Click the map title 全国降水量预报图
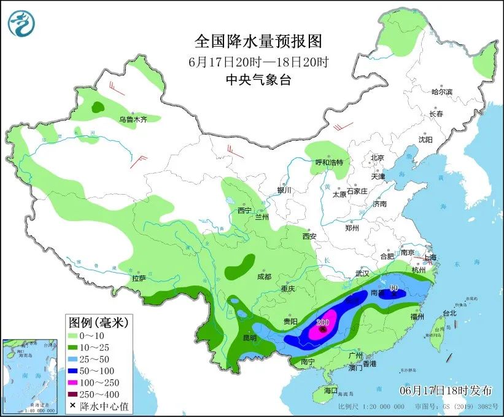(258, 41)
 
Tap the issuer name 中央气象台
(258, 79)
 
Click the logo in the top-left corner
(21, 23)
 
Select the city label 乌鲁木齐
(133, 120)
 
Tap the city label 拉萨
(139, 278)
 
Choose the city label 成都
(264, 276)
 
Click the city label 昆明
(249, 338)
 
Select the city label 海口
(331, 391)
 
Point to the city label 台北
(449, 313)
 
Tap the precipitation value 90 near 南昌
(394, 288)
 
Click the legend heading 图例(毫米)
(97, 322)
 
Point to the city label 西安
(309, 236)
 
